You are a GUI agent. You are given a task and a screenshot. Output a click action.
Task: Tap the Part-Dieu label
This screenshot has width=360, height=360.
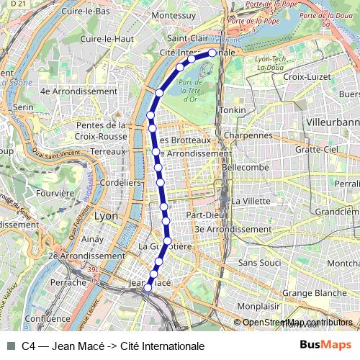(202, 215)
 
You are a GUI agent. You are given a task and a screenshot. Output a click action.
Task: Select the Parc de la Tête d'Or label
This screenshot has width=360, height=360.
(191, 91)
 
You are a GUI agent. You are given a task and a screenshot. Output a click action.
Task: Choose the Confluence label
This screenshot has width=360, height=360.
(47, 318)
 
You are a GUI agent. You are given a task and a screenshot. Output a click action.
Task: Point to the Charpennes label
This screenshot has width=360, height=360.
(248, 135)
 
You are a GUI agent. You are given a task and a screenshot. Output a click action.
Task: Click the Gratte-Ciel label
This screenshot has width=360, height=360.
(316, 149)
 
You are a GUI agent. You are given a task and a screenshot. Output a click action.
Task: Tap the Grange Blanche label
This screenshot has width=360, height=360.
(314, 293)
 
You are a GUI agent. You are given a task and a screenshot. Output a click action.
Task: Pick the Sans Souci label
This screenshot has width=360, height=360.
(259, 264)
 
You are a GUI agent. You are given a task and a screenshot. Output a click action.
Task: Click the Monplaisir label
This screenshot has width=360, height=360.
(258, 306)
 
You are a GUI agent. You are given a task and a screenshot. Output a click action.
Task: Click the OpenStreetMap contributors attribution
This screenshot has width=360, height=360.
(297, 323)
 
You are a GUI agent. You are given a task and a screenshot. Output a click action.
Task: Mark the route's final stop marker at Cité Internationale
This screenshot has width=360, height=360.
(212, 53)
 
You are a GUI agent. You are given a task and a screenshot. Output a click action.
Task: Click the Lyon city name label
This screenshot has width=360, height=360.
(106, 215)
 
